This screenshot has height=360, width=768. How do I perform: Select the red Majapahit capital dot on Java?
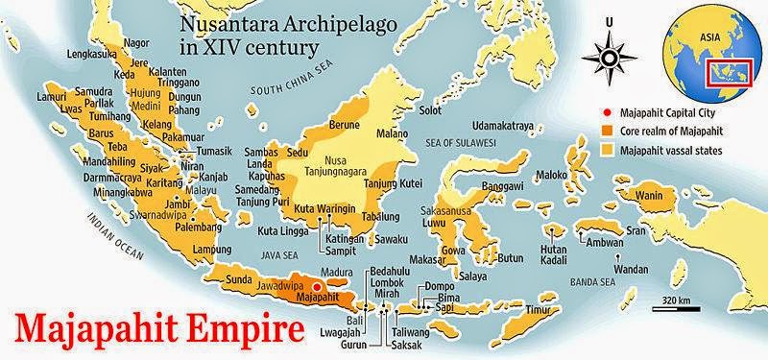[x=317, y=286]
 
